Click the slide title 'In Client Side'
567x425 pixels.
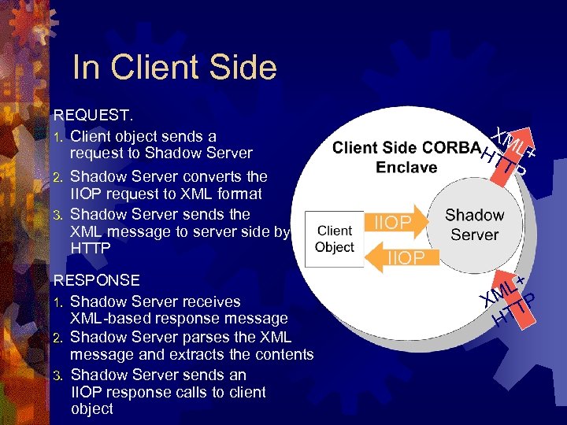174,68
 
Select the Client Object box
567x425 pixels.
334,239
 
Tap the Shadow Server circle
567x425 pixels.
474,224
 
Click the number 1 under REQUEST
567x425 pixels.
57,137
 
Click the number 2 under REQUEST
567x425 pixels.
57,177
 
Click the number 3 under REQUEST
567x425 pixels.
57,215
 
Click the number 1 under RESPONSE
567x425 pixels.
57,302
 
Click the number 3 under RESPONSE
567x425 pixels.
57,375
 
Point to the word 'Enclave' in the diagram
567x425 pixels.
407,167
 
